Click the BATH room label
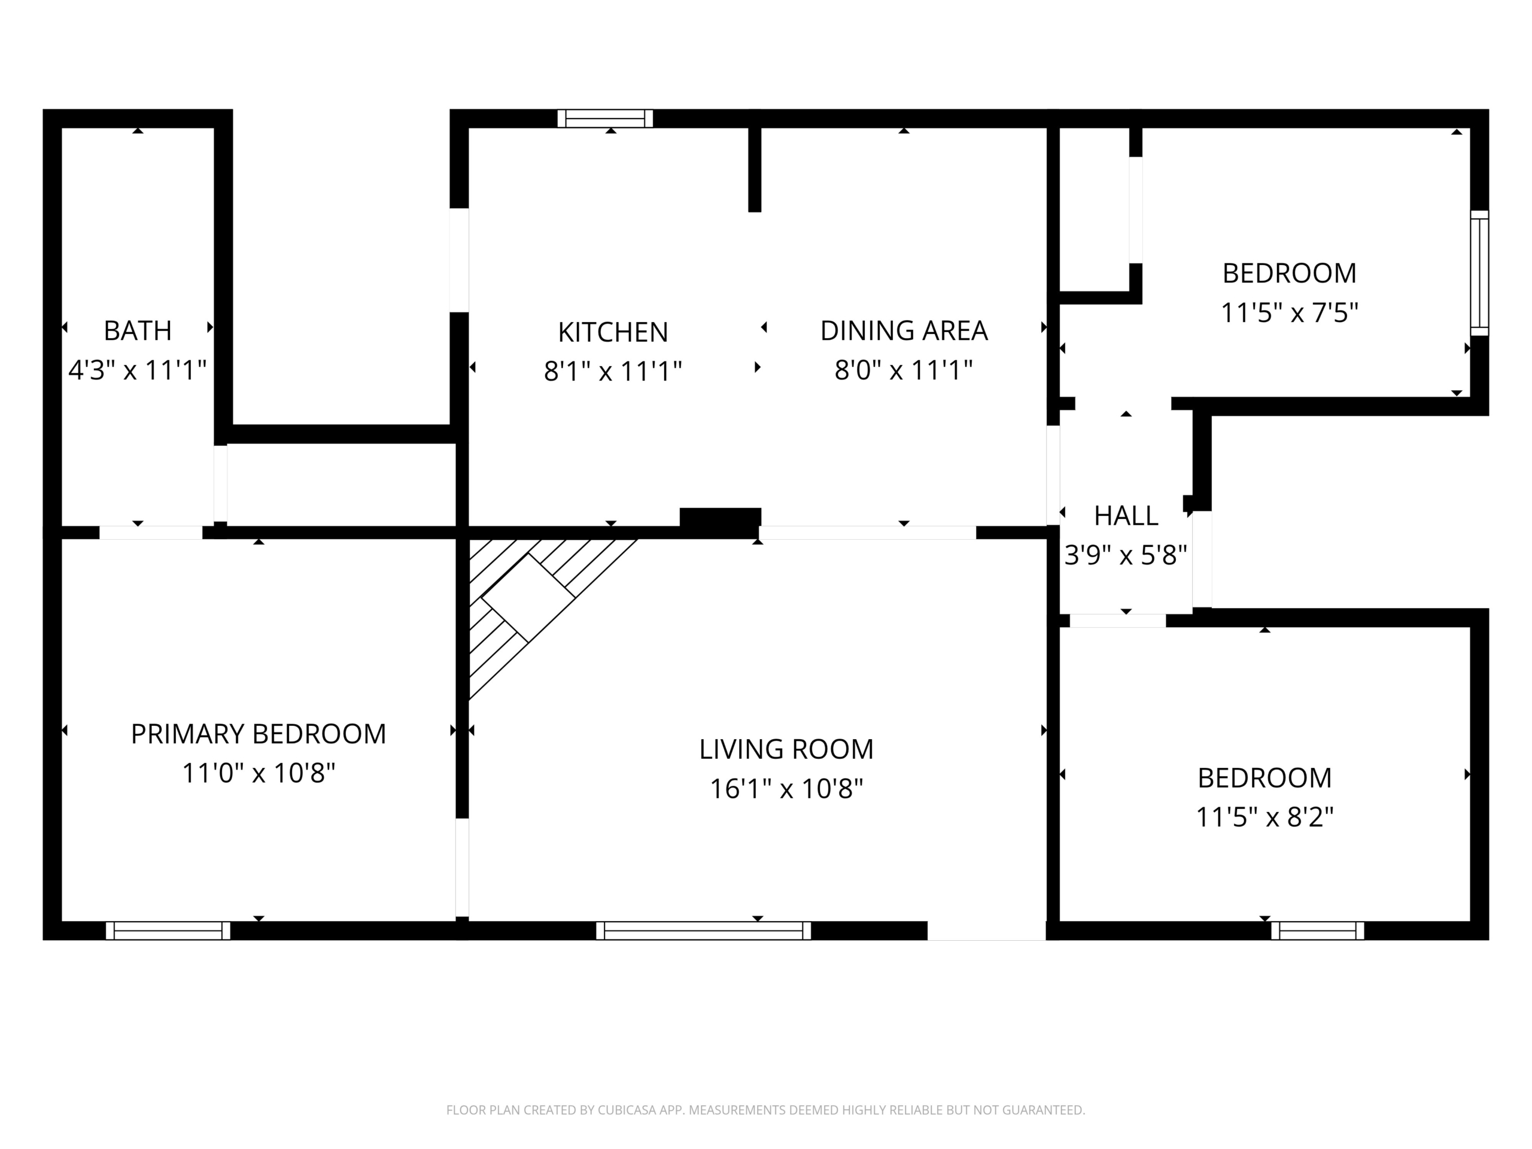click(138, 330)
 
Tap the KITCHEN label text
click(613, 333)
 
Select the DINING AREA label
click(904, 330)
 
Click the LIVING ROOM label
click(786, 749)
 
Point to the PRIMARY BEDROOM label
click(259, 734)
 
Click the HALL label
click(1126, 516)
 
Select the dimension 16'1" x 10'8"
click(787, 789)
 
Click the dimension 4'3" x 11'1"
click(138, 370)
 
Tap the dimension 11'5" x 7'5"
click(1290, 313)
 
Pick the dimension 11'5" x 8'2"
click(1264, 818)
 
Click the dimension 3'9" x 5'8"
click(1126, 555)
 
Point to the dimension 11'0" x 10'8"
click(259, 774)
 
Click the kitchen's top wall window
click(606, 118)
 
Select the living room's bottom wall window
click(704, 930)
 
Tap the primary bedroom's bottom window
click(168, 930)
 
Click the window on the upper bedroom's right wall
click(1479, 273)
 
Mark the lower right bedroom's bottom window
click(1317, 930)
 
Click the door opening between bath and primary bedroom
click(151, 533)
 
